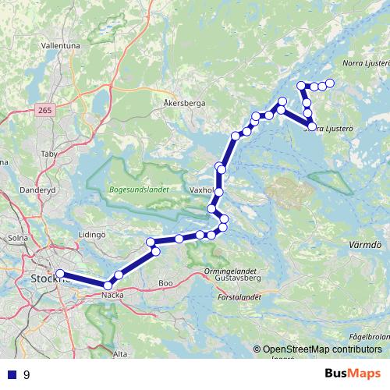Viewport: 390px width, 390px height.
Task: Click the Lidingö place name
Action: (93, 234)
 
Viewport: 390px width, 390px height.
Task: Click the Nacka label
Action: (113, 294)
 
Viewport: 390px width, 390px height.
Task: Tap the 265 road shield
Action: (44, 112)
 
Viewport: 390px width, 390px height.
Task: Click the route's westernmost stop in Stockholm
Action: (60, 274)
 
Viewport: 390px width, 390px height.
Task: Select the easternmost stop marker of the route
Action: (329, 83)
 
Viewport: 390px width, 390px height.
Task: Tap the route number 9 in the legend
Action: (27, 374)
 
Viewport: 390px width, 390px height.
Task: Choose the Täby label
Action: (48, 154)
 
